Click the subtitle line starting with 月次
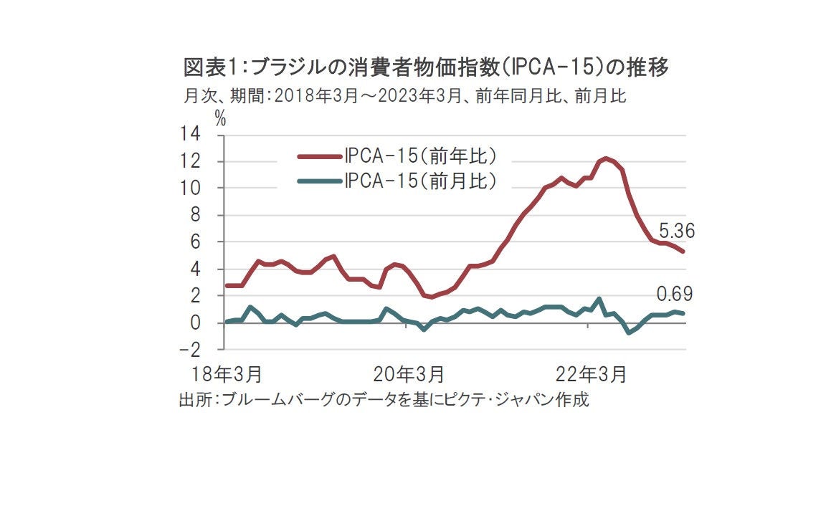coord(406,96)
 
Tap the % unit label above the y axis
coord(220,119)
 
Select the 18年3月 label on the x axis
coord(227,374)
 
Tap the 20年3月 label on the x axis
coord(409,374)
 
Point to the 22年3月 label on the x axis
coord(592,374)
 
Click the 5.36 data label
coord(676,231)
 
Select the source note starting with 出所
coord(384,400)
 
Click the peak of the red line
coord(606,158)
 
